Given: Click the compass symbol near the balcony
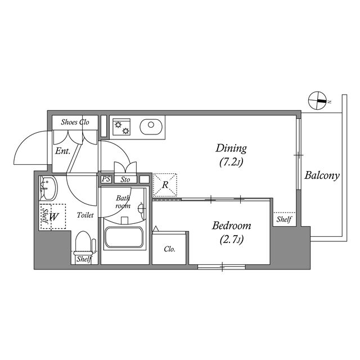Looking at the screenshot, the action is [x=317, y=100].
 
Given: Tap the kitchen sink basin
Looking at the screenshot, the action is [x=151, y=127].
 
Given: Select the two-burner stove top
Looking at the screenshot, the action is [x=121, y=127].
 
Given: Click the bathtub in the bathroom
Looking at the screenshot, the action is [x=124, y=237].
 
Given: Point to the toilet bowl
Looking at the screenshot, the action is [x=83, y=242].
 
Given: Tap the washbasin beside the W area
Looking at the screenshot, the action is [x=48, y=188].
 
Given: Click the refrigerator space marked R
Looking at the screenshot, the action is [x=165, y=185].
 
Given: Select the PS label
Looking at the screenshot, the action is [x=106, y=179].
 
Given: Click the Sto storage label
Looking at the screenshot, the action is [x=125, y=179].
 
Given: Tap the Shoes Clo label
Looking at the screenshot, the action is [x=75, y=122].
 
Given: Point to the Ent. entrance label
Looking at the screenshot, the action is [x=62, y=151].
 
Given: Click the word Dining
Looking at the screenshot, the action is [x=231, y=148].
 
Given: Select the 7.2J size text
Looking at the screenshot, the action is [x=231, y=163].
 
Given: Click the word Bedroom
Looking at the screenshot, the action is [x=231, y=226].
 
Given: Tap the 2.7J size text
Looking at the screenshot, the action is [x=231, y=240].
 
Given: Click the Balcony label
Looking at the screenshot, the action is [x=322, y=175].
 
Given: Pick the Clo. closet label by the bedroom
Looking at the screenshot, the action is [x=170, y=249].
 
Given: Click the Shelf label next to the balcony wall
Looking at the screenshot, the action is [x=284, y=219].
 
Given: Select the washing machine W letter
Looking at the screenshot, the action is [x=54, y=217].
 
